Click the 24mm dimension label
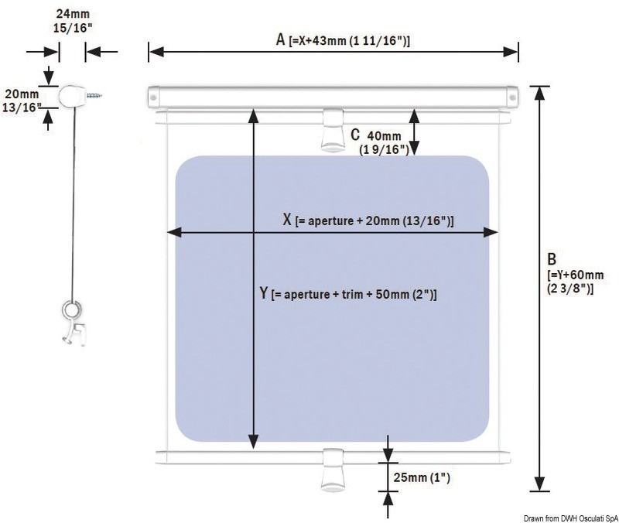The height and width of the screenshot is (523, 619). click(73, 14)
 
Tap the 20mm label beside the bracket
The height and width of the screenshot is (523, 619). click(22, 94)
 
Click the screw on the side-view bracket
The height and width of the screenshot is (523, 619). click(94, 95)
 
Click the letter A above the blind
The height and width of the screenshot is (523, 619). click(280, 39)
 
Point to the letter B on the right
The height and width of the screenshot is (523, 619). click(552, 259)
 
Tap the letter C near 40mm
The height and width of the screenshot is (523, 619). click(355, 135)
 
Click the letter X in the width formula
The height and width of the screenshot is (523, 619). click(287, 220)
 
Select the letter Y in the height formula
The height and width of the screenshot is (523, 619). click(264, 293)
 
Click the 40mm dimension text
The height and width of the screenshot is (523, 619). click(384, 136)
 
